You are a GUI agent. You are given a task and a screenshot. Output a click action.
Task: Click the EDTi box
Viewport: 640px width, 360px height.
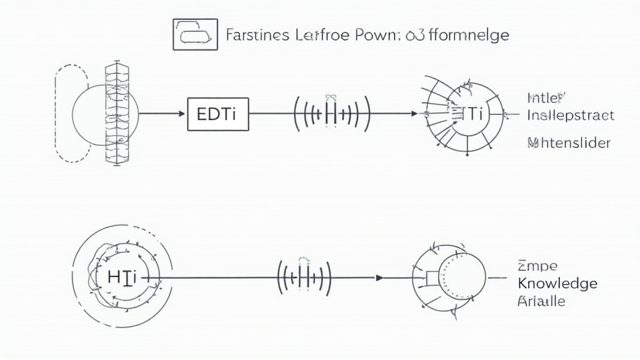pyautogui.click(x=218, y=114)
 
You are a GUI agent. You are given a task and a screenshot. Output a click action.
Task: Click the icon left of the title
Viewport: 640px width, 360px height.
pyautogui.click(x=196, y=34)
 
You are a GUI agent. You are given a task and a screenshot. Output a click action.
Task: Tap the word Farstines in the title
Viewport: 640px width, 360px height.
pyautogui.click(x=257, y=34)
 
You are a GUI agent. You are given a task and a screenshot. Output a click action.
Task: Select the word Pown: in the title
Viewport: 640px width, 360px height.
pyautogui.click(x=379, y=34)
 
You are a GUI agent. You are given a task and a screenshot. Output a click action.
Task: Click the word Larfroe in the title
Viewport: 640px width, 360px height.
pyautogui.click(x=323, y=34)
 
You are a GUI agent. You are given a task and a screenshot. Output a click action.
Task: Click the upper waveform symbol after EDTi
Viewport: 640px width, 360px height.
pyautogui.click(x=332, y=114)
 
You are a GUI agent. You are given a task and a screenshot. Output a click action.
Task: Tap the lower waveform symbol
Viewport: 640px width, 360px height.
pyautogui.click(x=304, y=277)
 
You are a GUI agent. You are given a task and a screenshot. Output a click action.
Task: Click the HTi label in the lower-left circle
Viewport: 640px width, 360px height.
pyautogui.click(x=122, y=277)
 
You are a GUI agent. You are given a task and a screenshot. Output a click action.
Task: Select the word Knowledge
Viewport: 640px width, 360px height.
pyautogui.click(x=557, y=283)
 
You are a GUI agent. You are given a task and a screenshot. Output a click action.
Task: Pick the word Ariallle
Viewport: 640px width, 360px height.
pyautogui.click(x=541, y=301)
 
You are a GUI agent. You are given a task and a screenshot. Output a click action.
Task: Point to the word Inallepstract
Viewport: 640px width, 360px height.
pyautogui.click(x=570, y=116)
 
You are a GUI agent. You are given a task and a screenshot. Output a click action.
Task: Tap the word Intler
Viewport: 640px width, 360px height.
pyautogui.click(x=546, y=98)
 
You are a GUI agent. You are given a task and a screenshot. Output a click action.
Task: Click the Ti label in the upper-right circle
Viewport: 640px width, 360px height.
pyautogui.click(x=474, y=114)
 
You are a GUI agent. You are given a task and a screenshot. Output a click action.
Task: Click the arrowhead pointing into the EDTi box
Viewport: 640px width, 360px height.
pyautogui.click(x=183, y=114)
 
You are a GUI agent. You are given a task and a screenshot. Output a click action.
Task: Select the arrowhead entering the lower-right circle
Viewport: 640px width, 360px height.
pyautogui.click(x=379, y=277)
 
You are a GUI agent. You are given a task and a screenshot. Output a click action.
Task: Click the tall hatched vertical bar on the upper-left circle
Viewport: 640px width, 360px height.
pyautogui.click(x=117, y=114)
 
